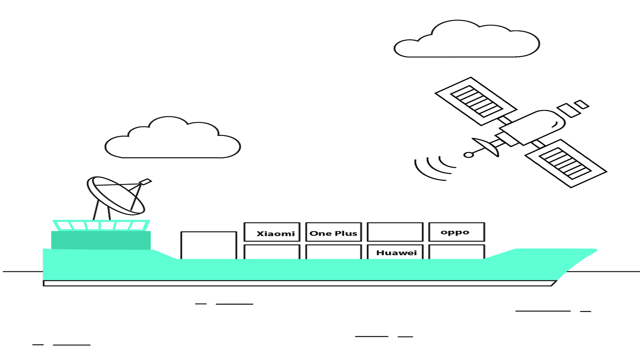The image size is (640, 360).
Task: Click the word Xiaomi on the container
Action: point(276,234)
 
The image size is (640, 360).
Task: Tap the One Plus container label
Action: point(333,234)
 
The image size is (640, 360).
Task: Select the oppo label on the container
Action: point(455,232)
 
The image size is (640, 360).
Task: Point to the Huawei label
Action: point(396,252)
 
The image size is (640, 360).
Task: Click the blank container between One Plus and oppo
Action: point(395,232)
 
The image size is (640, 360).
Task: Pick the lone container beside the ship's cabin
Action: point(208,245)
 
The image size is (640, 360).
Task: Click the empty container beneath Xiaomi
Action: point(272,252)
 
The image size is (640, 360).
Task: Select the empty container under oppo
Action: point(456,252)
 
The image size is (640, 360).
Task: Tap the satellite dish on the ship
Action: point(116,196)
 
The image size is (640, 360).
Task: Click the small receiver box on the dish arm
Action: point(146,182)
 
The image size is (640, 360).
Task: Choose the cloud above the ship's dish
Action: point(172,137)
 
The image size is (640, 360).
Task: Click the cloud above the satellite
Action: point(466,38)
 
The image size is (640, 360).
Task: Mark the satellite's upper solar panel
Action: point(476,101)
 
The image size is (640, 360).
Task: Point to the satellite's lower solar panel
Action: point(566,164)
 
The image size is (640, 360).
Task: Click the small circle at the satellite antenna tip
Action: point(468,155)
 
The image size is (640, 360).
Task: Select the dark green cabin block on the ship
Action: point(101,240)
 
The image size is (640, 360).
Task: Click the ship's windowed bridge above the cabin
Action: point(101,225)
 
